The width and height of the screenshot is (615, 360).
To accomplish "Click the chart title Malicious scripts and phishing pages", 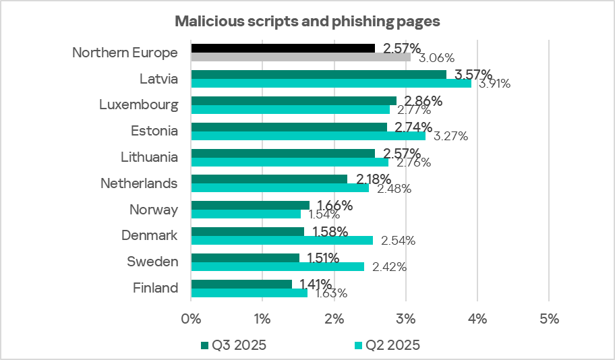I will click(x=307, y=21).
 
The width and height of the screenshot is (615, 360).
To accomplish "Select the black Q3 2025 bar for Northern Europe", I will click(x=283, y=48).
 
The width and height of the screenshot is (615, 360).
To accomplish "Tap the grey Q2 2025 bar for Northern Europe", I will click(x=301, y=57).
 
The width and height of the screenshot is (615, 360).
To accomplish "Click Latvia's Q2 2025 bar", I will click(x=331, y=84).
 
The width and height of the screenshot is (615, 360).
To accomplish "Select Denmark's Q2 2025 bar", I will click(x=282, y=240).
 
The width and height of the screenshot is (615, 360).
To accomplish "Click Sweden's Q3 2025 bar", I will click(x=245, y=258).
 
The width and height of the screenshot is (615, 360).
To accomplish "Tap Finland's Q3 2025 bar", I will click(x=241, y=284).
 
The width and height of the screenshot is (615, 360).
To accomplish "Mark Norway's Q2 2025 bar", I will click(x=245, y=214).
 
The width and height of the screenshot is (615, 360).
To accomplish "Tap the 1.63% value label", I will click(x=328, y=293).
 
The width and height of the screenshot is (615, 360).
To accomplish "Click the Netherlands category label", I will click(x=139, y=183).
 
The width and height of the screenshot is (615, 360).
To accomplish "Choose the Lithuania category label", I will click(x=149, y=157).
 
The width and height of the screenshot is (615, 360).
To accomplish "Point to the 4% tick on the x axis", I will click(x=477, y=319).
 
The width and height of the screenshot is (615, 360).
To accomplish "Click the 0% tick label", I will click(x=192, y=319).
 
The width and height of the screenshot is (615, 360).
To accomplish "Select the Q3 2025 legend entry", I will click(x=233, y=345).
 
